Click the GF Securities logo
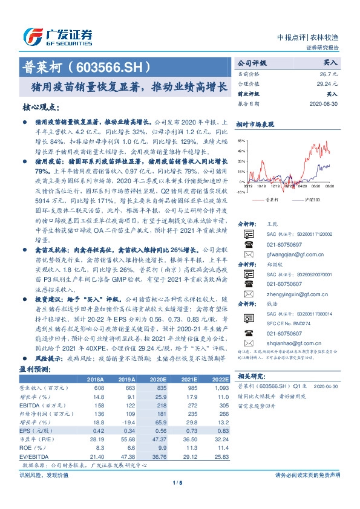coord(57,37)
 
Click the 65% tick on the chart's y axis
coord(241,140)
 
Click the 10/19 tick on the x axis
coord(263,187)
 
